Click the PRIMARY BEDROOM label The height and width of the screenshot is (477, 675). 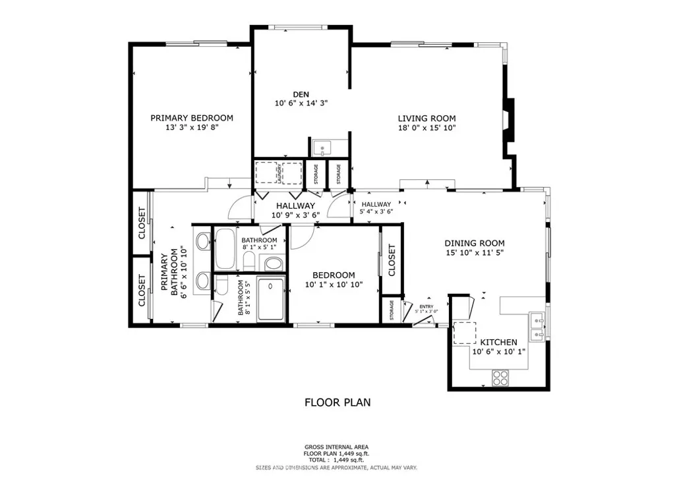tap(191, 118)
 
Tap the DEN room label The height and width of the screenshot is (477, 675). tap(301, 94)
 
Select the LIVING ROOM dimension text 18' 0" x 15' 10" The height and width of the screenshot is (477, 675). tap(426, 128)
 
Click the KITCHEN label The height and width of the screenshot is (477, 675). tap(498, 342)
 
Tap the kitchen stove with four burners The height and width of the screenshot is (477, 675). tap(501, 378)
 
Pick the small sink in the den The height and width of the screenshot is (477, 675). tap(323, 148)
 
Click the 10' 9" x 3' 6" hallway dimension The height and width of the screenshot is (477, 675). tap(295, 215)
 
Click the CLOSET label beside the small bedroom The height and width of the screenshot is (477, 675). tap(391, 260)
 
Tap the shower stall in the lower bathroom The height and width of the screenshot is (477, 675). tap(270, 299)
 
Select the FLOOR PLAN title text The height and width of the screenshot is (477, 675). tap(337, 402)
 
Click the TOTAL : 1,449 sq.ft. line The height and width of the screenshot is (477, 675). tap(337, 459)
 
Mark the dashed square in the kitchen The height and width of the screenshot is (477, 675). tap(464, 333)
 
